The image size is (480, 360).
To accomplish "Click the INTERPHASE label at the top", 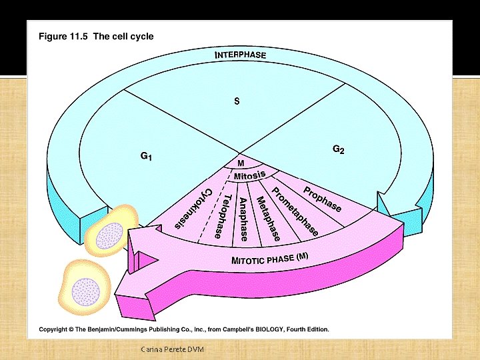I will (240, 55).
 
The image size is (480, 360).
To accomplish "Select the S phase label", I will (236, 101).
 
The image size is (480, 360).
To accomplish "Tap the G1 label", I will (147, 157).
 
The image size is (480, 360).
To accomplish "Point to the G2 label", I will (339, 150).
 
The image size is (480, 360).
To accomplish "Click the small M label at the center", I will (241, 163).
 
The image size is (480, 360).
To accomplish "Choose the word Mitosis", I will (249, 175).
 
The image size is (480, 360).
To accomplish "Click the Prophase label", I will (323, 199).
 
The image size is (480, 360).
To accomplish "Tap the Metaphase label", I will (268, 219).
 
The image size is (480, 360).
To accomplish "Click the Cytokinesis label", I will (194, 209).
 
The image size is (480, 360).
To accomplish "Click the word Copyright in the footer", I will (56, 329).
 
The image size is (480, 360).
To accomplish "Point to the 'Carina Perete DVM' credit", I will (173, 350).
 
